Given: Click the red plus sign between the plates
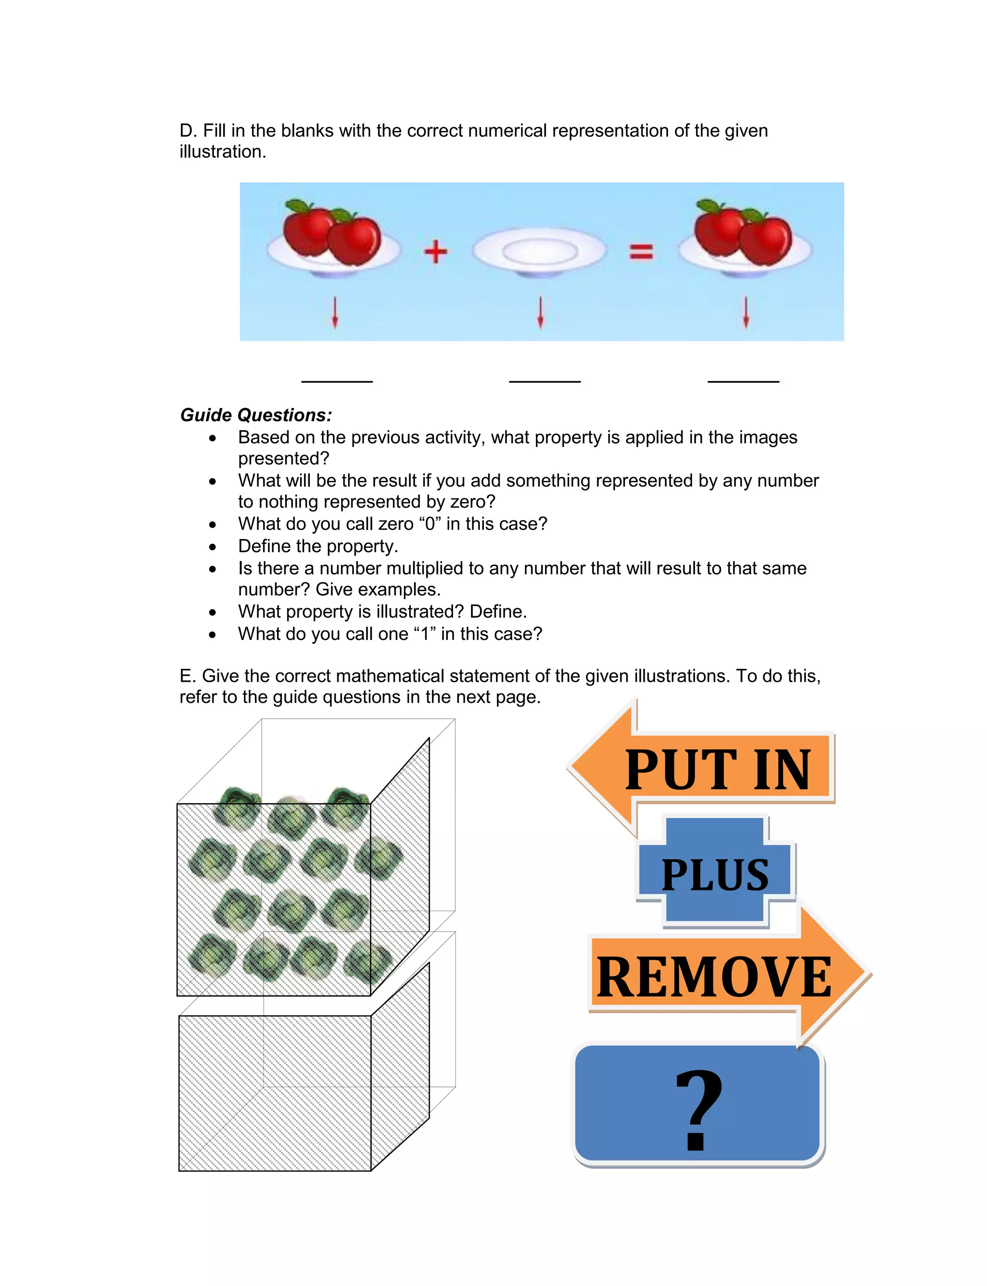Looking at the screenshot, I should (435, 252).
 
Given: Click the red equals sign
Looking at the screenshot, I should (641, 252).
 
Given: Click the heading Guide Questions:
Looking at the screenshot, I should (256, 415).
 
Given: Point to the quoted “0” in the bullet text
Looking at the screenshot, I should (430, 524).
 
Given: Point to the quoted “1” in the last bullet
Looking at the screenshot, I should (425, 634).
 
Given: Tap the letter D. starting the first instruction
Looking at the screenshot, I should (187, 131).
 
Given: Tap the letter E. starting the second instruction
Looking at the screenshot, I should (187, 676).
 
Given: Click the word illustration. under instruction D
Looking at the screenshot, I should (223, 151).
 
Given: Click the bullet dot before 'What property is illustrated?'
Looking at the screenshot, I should (213, 612).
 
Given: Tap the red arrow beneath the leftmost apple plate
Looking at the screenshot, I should (335, 312).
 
